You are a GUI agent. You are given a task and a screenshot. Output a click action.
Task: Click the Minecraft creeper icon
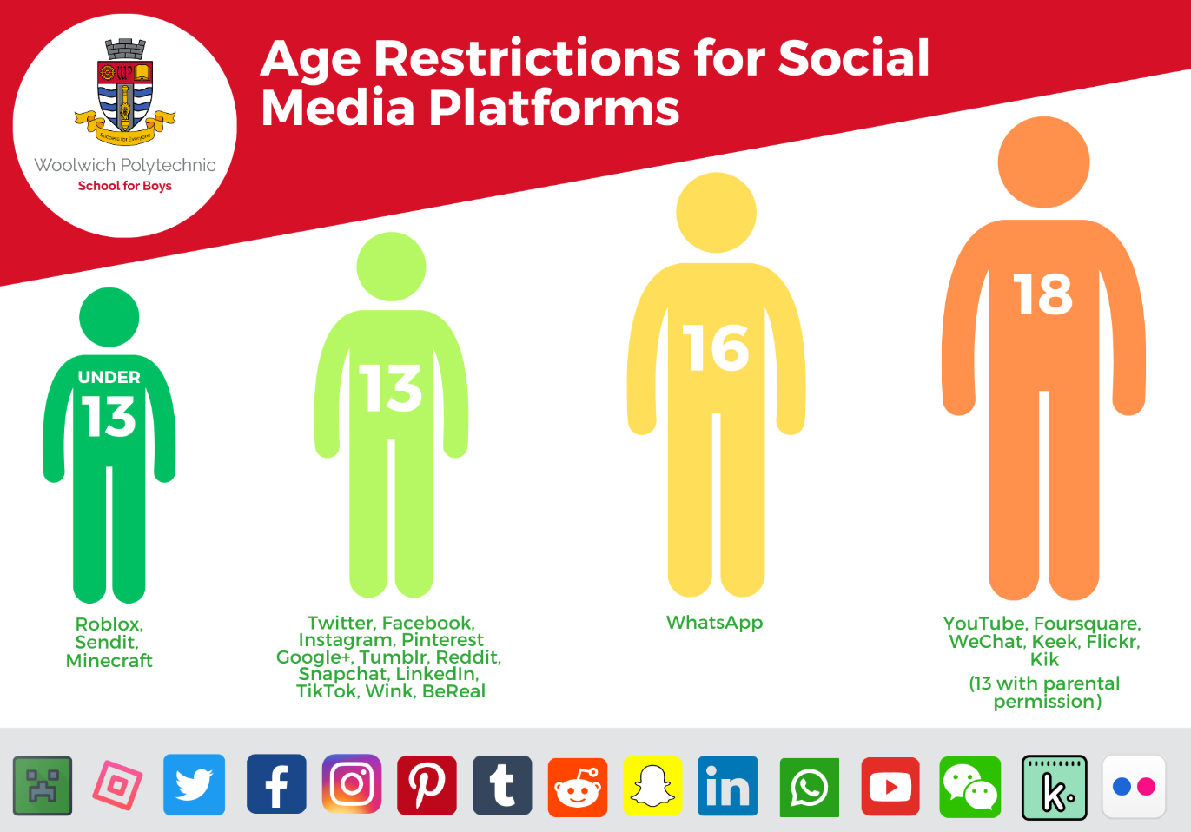coord(43,786)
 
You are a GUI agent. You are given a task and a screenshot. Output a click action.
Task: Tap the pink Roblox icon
coord(117,785)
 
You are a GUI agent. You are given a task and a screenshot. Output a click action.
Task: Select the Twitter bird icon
coord(194,785)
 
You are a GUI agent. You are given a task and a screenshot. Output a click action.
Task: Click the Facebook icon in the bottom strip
coord(276,784)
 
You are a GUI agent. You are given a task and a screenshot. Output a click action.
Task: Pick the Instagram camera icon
coord(352,784)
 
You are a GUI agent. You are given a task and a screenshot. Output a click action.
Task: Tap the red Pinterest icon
coord(427,785)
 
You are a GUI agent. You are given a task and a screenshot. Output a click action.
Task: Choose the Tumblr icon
coord(502,785)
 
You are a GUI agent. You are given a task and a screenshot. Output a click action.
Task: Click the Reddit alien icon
coord(578,788)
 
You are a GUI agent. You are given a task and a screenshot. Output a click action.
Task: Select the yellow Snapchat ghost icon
coord(652,786)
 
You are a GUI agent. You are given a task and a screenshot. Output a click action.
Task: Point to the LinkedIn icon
coord(728,786)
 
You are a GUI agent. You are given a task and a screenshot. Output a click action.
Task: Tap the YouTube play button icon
coord(890,787)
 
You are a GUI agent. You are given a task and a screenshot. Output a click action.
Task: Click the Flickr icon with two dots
coord(1135,786)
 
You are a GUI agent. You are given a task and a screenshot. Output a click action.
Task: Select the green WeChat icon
coord(970,787)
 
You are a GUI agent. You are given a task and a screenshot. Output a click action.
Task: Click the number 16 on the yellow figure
coord(716,348)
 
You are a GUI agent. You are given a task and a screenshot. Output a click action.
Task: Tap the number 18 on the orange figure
coord(1043,294)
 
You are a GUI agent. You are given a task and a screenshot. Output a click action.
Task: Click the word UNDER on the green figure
coord(109,377)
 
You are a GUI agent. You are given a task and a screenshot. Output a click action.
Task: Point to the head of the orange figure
coord(1043,162)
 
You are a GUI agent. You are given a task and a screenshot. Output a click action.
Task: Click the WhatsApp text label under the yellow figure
coord(715,623)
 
